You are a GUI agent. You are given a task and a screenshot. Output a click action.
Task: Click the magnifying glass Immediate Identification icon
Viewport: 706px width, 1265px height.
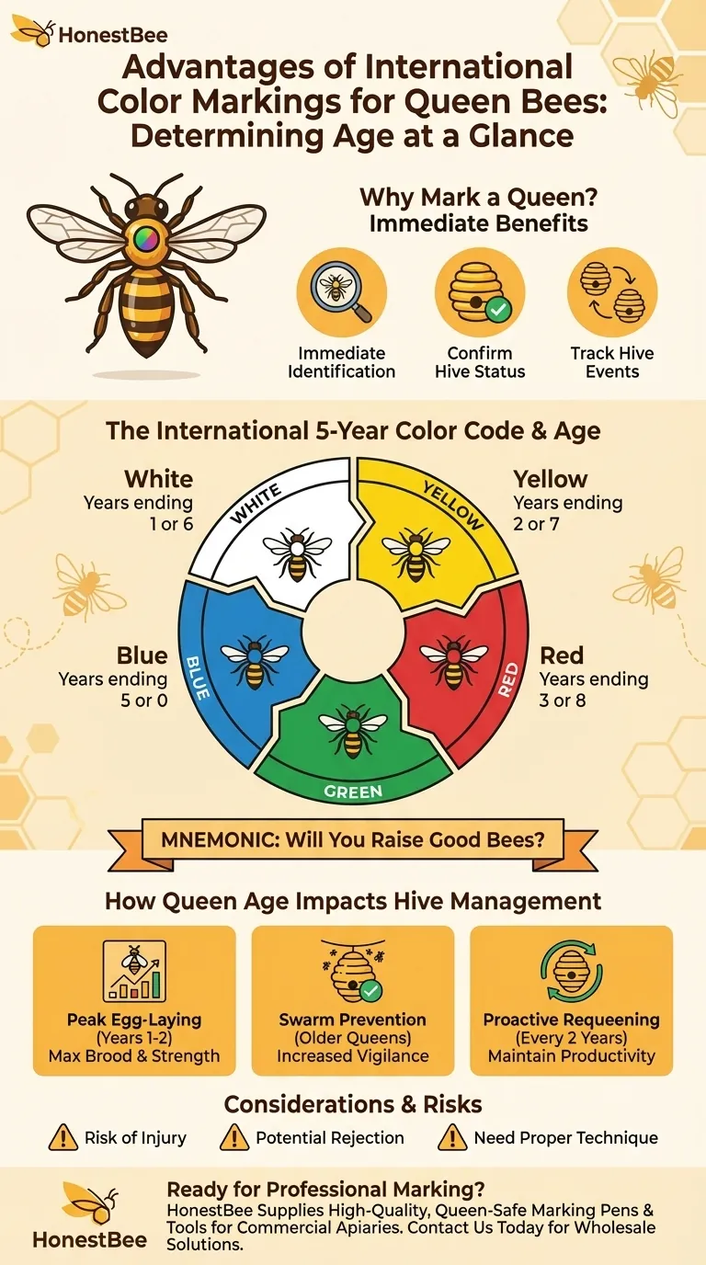(x=341, y=293)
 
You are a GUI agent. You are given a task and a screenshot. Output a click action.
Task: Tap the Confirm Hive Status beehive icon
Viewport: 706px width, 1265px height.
(x=479, y=293)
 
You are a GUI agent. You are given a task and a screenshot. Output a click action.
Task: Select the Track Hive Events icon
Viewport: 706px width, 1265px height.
(x=612, y=293)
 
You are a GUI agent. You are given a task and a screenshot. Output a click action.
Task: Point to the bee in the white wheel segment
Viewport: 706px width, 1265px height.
(x=297, y=552)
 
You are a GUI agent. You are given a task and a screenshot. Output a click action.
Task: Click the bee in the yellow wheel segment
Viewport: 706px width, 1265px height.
(x=416, y=552)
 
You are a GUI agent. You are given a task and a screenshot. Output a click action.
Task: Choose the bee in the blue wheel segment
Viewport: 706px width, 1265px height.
(x=255, y=660)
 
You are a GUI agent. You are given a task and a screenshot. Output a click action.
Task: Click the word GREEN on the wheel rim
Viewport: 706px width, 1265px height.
(x=353, y=791)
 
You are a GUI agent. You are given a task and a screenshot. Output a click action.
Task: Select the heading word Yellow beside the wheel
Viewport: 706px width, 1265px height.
(x=550, y=479)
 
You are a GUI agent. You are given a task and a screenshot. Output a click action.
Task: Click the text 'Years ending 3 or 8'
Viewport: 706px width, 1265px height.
(x=593, y=689)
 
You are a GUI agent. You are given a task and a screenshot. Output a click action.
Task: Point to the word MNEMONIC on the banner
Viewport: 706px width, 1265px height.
(x=219, y=838)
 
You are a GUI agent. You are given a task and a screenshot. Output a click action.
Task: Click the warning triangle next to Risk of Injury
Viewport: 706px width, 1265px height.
(x=62, y=1137)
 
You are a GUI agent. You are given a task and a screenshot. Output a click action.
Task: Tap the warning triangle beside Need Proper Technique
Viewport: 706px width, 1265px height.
(x=451, y=1137)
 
